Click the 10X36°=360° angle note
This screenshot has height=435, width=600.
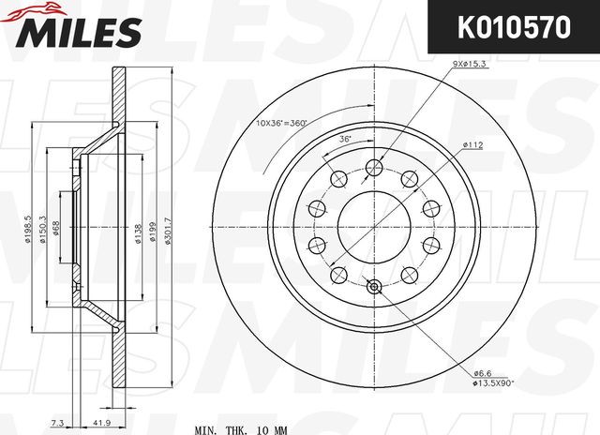click(282, 124)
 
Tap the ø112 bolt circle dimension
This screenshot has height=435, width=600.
click(471, 144)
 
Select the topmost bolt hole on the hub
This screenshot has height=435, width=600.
click(373, 168)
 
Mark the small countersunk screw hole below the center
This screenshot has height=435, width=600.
click(373, 289)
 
